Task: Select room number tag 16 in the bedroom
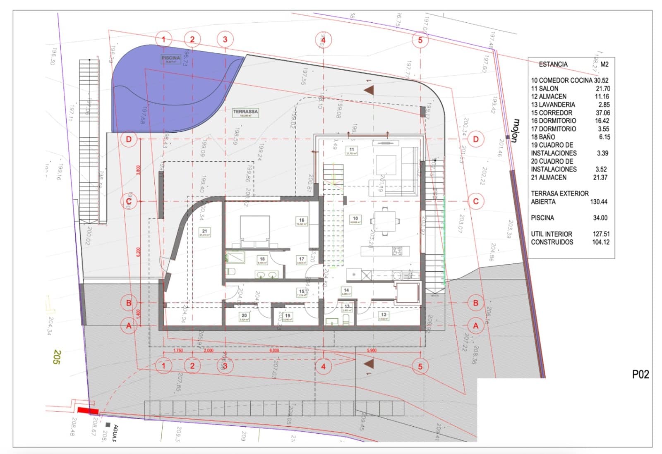[301, 221]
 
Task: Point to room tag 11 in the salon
[352, 151]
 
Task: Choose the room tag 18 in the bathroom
[262, 260]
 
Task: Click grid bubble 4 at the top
[323, 40]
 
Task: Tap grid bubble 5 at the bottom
[420, 366]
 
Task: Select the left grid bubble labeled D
[129, 139]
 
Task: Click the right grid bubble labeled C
[476, 201]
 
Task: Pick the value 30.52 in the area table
[601, 81]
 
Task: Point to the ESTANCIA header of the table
[553, 65]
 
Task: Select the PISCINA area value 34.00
[600, 218]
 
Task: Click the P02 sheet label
[640, 374]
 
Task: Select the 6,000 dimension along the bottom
[274, 350]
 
